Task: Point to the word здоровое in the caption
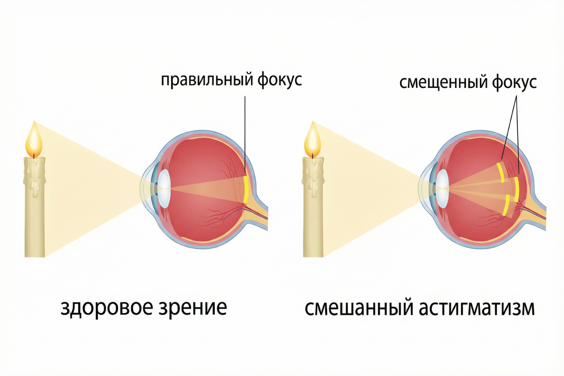click(x=111, y=308)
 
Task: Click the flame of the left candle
click(x=34, y=141)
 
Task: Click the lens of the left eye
click(x=164, y=188)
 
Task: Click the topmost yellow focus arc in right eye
click(x=501, y=172)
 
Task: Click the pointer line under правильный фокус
click(x=245, y=132)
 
